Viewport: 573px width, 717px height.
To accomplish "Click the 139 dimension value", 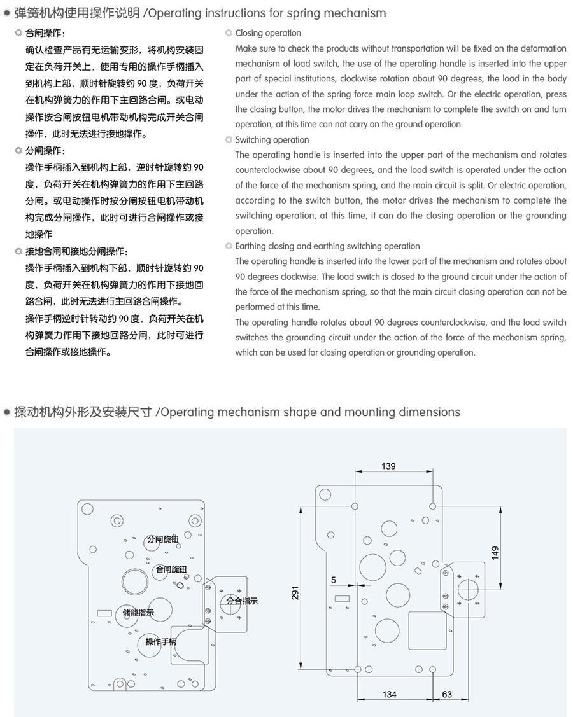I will pos(388,466).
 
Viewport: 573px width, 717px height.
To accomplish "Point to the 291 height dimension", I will pos(295,593).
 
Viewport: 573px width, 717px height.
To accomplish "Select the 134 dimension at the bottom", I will pos(389,694).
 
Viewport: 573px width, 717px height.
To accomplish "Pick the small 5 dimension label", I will pos(334,580).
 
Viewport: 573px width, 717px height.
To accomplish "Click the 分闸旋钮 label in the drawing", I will pos(162,539).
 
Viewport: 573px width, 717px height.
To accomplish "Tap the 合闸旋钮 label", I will pos(171,569).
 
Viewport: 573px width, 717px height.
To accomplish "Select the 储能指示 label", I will pos(138,613).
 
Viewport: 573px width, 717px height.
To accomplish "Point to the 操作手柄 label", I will pos(161,641).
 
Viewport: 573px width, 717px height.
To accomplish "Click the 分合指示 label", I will pos(242,601).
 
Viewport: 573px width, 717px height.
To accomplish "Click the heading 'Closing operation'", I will pos(268,33).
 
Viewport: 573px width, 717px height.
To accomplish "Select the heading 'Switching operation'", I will pos(272,140).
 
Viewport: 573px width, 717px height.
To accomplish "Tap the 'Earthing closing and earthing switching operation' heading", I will pos(327,246).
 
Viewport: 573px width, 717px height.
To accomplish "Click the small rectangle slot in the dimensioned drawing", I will pos(343,598).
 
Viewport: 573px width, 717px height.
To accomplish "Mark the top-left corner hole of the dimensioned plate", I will pos(325,494).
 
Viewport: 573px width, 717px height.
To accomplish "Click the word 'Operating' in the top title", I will pos(182,13).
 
